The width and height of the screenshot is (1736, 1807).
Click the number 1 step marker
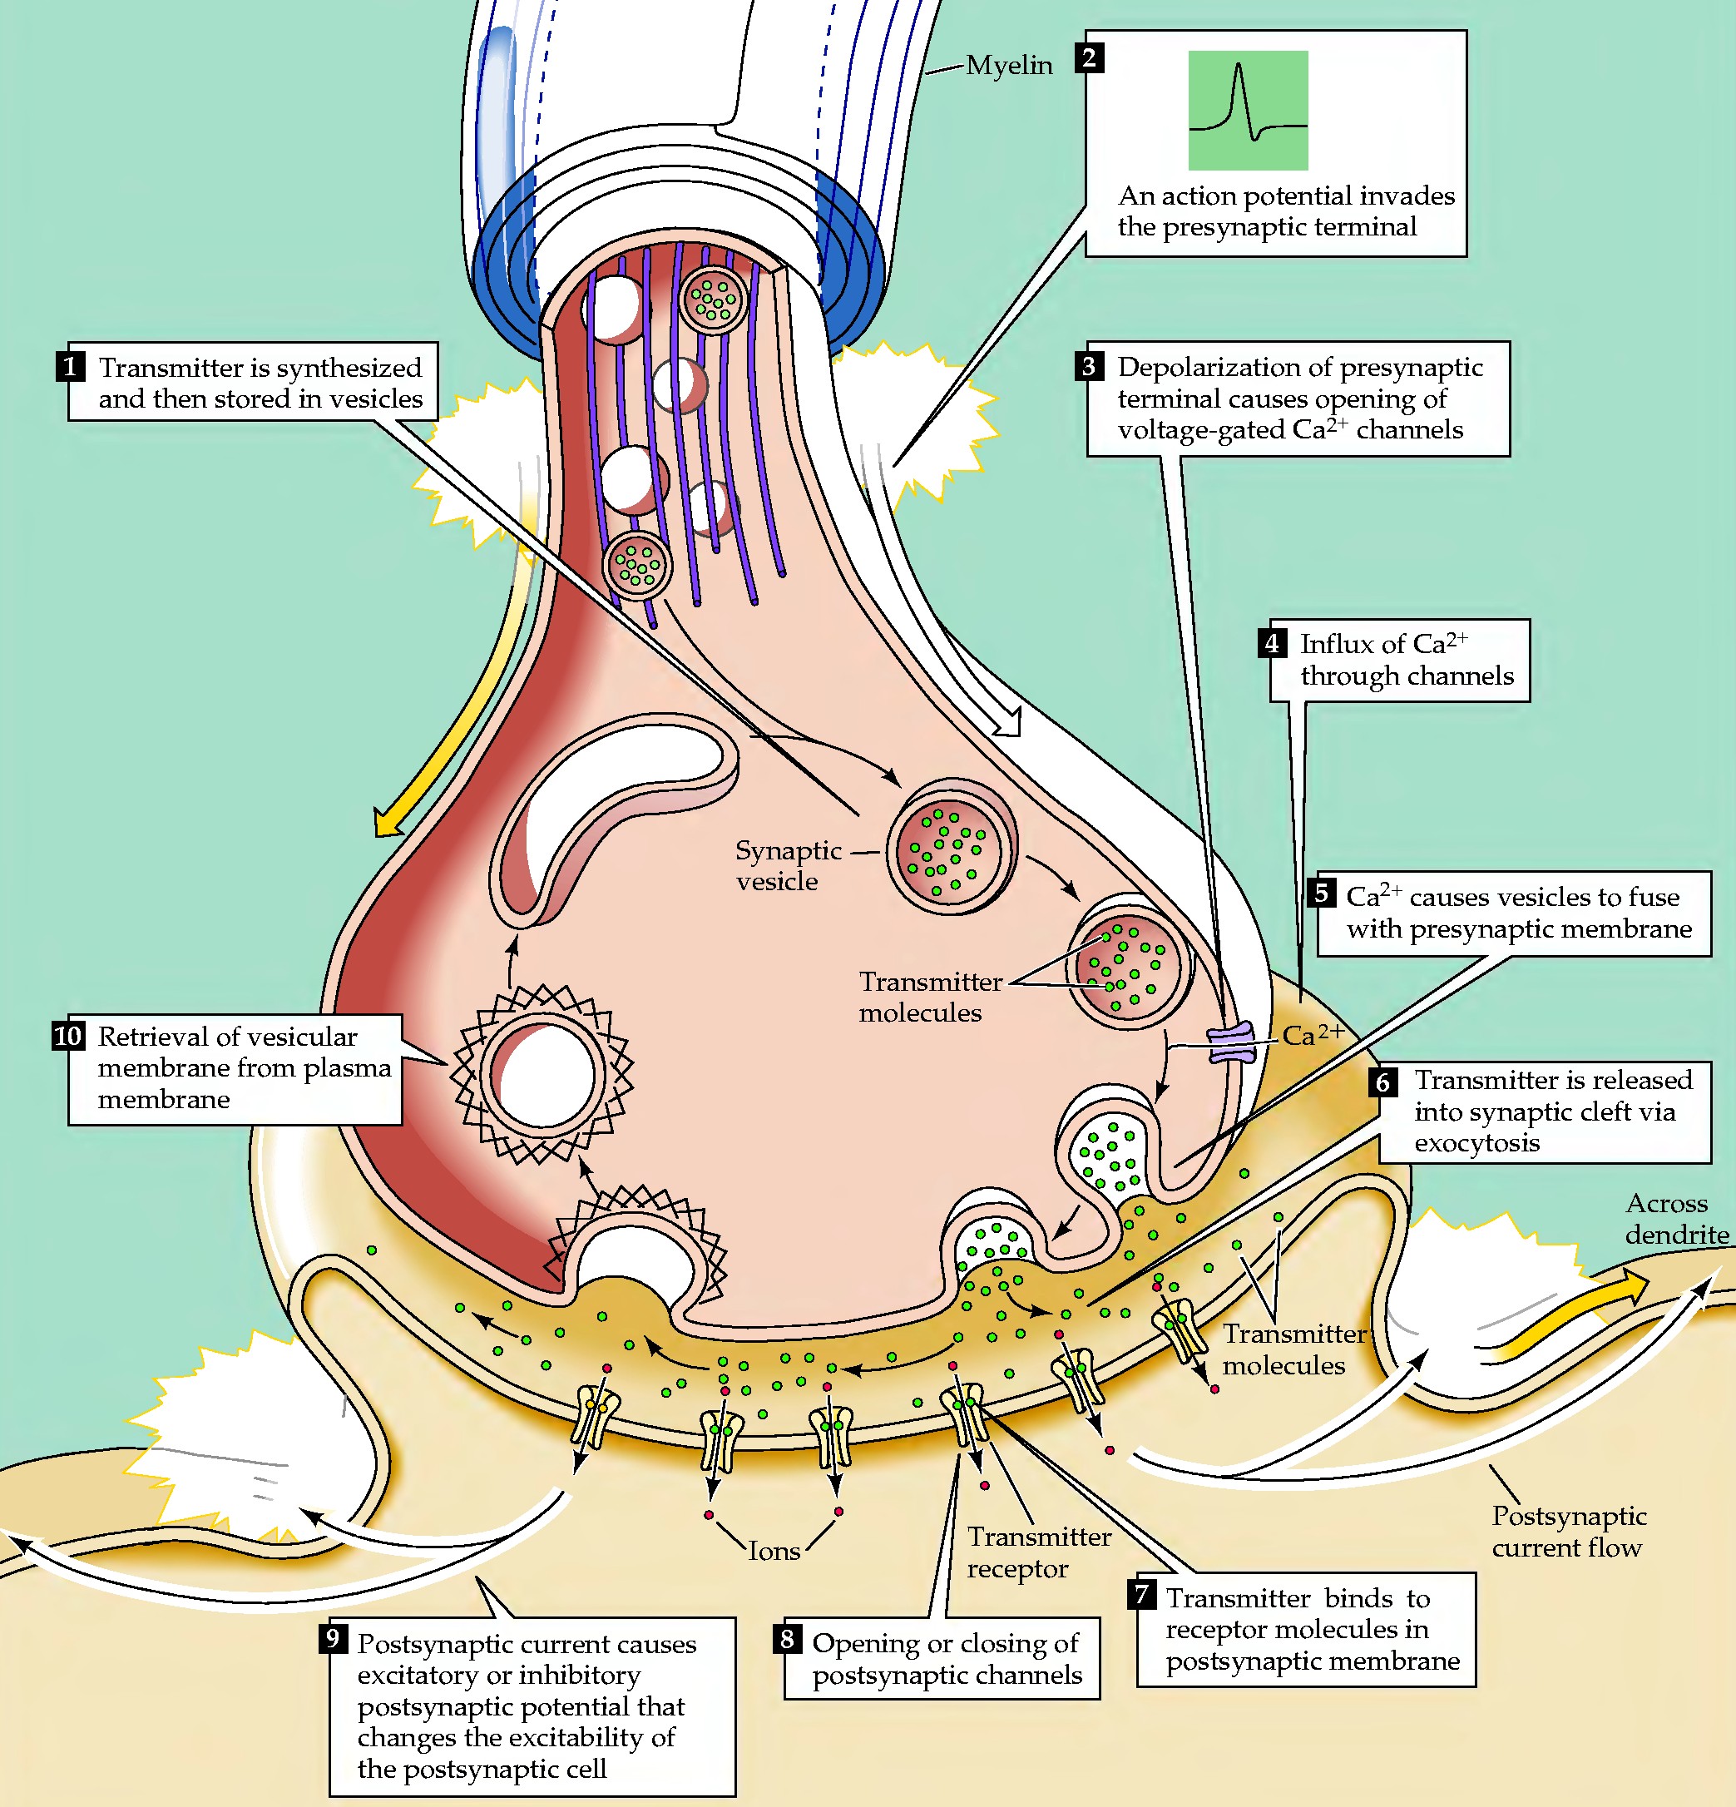[x=70, y=366]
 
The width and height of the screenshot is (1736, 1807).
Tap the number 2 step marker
[x=1090, y=59]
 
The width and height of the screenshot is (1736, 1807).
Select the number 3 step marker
[x=1090, y=366]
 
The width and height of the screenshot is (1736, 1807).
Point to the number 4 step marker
[x=1273, y=642]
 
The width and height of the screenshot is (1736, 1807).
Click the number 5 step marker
[x=1321, y=893]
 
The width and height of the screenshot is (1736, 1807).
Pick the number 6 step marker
[x=1383, y=1081]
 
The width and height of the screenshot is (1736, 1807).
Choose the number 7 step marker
[x=1141, y=1594]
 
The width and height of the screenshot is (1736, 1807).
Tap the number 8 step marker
[x=788, y=1638]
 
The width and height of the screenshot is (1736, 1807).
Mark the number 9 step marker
[x=334, y=1638]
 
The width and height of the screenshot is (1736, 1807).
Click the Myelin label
[x=1009, y=66]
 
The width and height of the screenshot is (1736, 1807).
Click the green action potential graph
[x=1248, y=111]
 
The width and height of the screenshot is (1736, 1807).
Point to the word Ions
[x=774, y=1551]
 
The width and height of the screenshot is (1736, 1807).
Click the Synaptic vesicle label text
[x=789, y=866]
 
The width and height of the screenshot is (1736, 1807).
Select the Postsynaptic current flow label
[x=1569, y=1532]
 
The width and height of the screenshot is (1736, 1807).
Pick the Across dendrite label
[x=1676, y=1219]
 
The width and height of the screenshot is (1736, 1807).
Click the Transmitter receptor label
[x=1039, y=1552]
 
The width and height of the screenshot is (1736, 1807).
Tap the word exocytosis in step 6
[x=1477, y=1143]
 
